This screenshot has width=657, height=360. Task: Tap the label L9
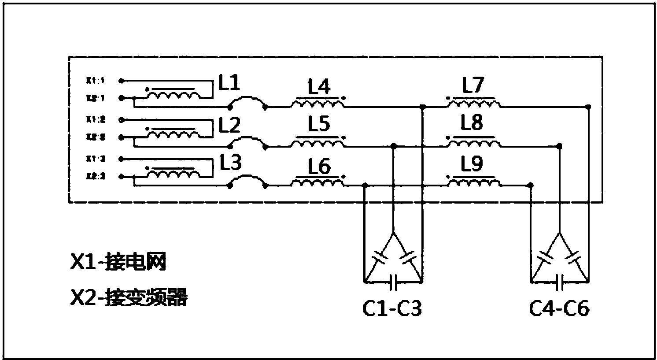(472, 165)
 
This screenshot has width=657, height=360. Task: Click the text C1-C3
(392, 309)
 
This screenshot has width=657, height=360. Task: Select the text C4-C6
(559, 309)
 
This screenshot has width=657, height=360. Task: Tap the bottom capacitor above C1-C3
(393, 282)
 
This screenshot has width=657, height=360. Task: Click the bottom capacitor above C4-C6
(560, 282)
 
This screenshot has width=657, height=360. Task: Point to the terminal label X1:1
(95, 81)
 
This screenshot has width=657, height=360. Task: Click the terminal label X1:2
(95, 119)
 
